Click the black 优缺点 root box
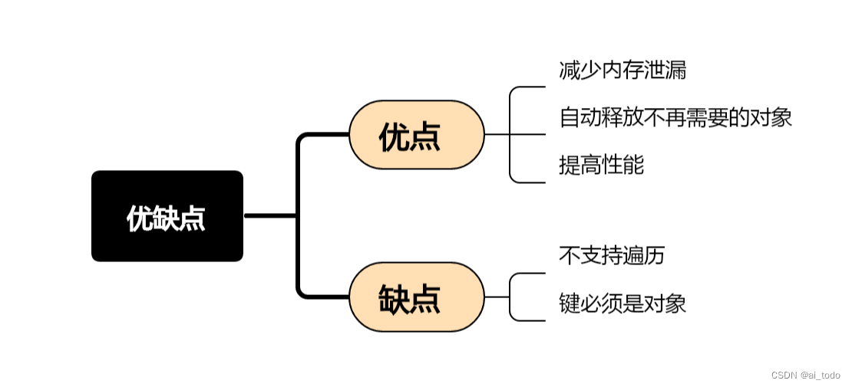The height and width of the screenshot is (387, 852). (167, 216)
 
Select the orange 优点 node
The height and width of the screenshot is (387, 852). (416, 135)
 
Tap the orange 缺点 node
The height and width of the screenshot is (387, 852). (416, 297)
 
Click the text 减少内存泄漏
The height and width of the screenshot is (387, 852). (622, 71)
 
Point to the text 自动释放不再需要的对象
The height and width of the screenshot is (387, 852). (675, 117)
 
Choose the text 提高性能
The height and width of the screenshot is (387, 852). (602, 165)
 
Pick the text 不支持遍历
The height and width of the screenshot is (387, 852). (612, 255)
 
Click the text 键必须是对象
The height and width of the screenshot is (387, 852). (622, 303)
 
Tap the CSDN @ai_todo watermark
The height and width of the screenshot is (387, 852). (806, 375)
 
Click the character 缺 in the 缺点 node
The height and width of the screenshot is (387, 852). (394, 299)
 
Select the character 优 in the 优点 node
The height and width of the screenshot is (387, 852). (394, 136)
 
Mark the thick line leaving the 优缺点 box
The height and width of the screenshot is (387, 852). (271, 216)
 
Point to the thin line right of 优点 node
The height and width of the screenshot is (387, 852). (497, 134)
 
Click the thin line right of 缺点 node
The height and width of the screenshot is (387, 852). (497, 297)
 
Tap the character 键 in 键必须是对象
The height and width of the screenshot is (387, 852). (570, 303)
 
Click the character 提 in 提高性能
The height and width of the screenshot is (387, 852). (570, 165)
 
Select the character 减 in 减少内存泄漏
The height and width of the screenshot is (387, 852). (570, 71)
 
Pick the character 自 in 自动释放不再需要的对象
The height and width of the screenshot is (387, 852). (570, 117)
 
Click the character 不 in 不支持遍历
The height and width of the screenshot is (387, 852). (570, 255)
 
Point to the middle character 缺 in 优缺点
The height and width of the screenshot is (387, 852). (167, 218)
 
